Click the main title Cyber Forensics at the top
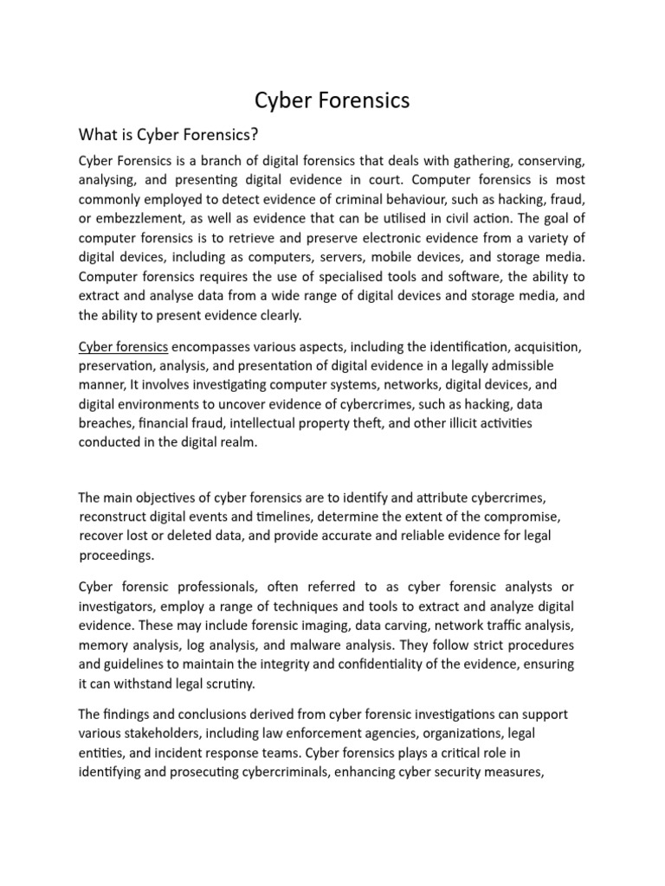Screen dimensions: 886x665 (x=332, y=100)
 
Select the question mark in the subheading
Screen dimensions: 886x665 (x=255, y=135)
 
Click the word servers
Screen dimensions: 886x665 (x=367, y=257)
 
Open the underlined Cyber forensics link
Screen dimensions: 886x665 (x=123, y=346)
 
